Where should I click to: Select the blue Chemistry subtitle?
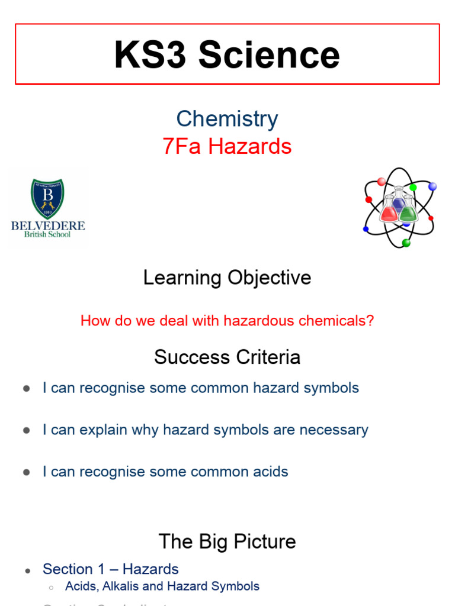click(227, 119)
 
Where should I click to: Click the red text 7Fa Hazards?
click(227, 146)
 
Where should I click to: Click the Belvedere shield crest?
click(47, 199)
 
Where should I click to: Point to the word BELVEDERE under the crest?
click(48, 225)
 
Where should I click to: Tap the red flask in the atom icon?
click(389, 212)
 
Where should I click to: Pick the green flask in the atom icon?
click(408, 212)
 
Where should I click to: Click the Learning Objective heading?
click(227, 278)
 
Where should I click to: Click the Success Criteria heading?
click(227, 357)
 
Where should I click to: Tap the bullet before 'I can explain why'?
click(26, 431)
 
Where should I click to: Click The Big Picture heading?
click(227, 541)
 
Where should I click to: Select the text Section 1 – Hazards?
click(111, 569)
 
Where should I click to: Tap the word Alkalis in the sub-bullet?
click(120, 586)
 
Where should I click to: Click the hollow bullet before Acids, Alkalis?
click(52, 587)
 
